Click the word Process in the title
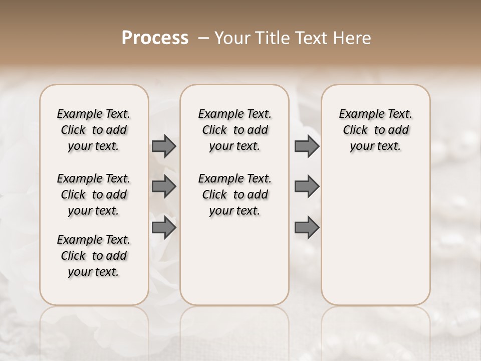[155, 38]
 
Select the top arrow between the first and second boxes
[164, 146]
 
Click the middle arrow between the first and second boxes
[164, 187]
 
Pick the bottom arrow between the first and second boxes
[164, 228]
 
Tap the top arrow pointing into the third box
[307, 146]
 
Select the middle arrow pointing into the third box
[307, 187]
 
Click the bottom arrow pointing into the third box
[307, 228]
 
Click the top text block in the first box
[94, 130]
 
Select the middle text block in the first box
[94, 195]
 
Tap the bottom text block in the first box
[94, 256]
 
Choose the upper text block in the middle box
[234, 130]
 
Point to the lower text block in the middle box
[234, 195]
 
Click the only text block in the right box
[375, 130]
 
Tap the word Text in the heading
[311, 38]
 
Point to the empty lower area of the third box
[375, 236]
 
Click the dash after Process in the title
[203, 38]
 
